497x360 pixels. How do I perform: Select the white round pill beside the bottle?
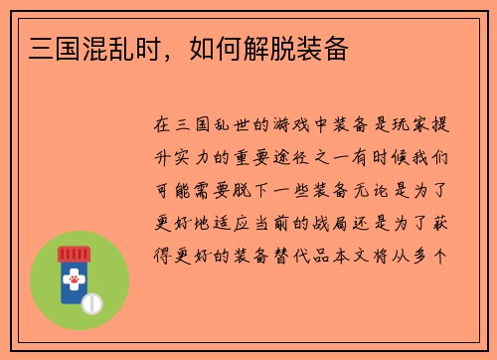pos(93,301)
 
